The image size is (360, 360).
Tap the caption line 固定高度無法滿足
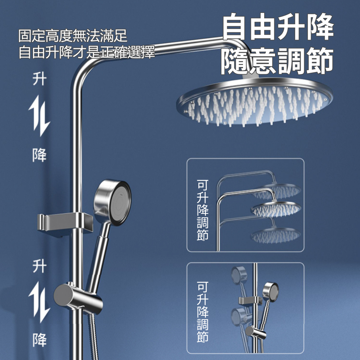73,36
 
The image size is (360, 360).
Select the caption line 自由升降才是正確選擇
87,53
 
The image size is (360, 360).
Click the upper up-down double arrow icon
39,116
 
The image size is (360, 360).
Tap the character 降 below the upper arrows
39,155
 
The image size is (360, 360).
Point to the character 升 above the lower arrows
39,267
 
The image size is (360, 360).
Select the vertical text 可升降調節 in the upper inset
203,211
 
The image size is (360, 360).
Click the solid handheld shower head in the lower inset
270,290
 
